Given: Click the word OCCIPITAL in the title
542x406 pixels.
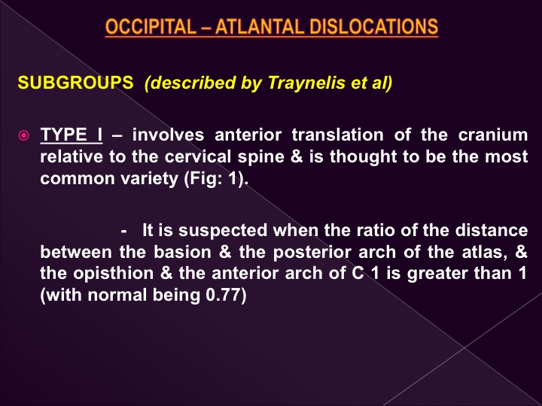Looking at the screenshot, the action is (151, 26).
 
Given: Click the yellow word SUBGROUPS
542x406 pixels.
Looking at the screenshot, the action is (75, 83).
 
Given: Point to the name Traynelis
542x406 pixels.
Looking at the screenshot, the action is (306, 83).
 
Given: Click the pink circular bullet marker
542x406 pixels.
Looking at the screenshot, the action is (23, 135).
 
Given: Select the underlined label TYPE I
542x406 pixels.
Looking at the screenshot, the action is (72, 135).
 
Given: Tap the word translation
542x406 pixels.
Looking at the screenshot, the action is (337, 135).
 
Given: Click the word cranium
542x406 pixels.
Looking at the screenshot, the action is (493, 135).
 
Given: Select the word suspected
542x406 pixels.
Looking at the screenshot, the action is (223, 231).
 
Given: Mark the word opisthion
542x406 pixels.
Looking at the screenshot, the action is (114, 274).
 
